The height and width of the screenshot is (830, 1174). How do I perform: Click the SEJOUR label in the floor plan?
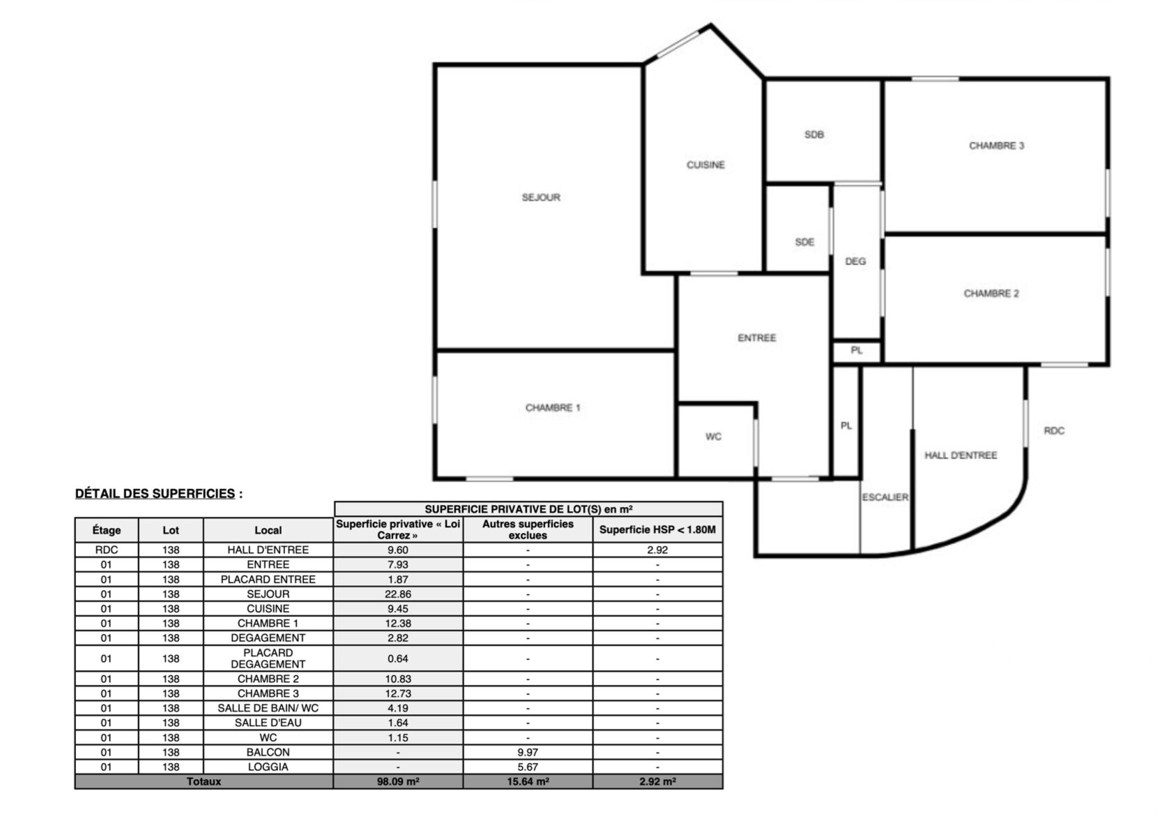541,197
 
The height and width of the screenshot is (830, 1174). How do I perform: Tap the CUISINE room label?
706,165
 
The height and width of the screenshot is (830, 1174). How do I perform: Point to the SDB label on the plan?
814,135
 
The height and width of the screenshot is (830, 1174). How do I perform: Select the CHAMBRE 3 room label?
996,146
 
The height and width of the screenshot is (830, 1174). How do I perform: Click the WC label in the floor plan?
713,437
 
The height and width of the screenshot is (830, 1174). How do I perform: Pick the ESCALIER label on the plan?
885,497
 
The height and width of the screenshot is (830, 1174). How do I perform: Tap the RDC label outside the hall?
1054,430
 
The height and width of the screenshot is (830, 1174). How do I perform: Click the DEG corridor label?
855,261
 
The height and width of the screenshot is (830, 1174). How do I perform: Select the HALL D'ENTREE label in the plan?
960,455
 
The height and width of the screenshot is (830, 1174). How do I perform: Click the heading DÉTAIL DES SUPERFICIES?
155,493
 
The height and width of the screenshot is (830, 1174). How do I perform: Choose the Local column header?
268,530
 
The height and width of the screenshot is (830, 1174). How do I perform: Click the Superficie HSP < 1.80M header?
657,529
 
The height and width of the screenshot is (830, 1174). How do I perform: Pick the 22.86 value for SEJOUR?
398,594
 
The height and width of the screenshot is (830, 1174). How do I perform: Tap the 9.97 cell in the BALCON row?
528,752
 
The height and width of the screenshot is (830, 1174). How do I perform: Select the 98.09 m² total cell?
398,781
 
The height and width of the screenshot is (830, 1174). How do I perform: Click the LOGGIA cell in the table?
268,767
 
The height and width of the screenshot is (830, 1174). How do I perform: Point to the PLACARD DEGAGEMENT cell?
268,658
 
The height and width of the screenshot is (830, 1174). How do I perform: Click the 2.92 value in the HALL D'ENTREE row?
657,550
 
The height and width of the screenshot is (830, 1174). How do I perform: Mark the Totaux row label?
204,781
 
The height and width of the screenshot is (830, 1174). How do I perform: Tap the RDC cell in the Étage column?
107,550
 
